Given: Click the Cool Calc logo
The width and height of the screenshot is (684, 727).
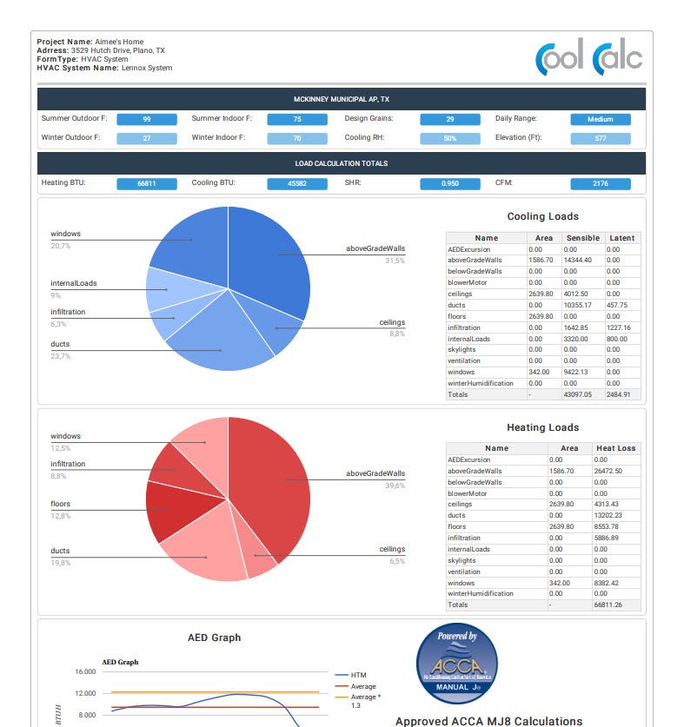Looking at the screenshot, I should tap(589, 58).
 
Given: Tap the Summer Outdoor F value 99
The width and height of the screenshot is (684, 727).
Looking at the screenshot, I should tap(147, 119).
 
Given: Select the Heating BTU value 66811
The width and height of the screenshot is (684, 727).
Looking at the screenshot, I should tap(147, 184).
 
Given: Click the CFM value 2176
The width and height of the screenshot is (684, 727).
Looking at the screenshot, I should tap(601, 184).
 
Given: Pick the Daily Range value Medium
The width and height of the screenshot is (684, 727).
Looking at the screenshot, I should tap(601, 119).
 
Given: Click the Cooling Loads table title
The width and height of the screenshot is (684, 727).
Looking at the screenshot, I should tap(542, 217).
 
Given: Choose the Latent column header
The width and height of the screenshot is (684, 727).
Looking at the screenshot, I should tap(621, 238).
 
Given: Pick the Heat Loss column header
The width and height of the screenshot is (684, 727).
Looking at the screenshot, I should tap(615, 448).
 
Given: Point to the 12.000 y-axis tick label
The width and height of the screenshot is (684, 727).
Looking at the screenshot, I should tap(85, 693).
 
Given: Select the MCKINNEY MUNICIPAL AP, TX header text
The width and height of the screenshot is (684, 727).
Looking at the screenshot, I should tap(342, 99).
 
